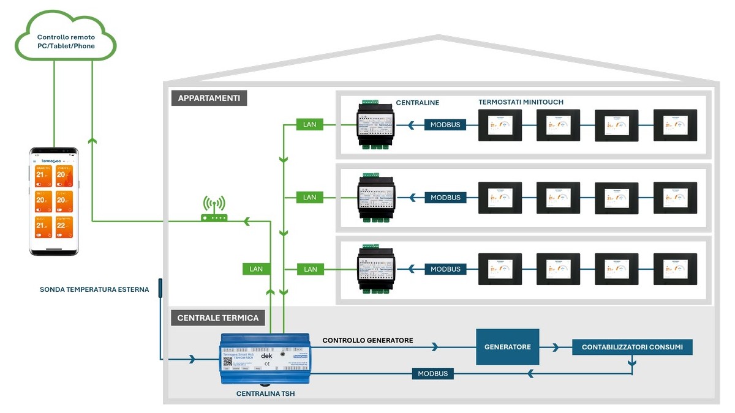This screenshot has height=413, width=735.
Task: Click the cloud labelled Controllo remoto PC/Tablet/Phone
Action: click(66, 42)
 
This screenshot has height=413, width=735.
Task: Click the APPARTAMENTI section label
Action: click(209, 98)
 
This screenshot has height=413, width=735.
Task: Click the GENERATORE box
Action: click(507, 347)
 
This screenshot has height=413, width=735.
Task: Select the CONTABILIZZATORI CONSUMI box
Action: click(632, 347)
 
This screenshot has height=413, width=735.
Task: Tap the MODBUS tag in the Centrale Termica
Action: click(432, 373)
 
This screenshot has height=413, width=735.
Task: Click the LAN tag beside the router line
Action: click(256, 269)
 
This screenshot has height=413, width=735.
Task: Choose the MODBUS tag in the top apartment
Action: click(445, 125)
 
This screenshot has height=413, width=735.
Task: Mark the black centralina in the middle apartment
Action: click(376, 198)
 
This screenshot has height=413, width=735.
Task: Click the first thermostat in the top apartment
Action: click(500, 125)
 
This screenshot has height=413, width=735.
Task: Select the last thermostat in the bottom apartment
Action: click(675, 269)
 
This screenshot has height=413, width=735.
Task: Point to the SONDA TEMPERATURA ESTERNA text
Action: click(94, 290)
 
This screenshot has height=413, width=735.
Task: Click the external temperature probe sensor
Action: click(160, 288)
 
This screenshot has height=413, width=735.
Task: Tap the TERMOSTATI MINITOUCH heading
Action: click(521, 102)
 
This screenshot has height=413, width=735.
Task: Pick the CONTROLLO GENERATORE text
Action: click(367, 340)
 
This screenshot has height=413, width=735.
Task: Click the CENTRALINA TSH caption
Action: click(265, 394)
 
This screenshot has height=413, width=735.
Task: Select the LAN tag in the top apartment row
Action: click(310, 125)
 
